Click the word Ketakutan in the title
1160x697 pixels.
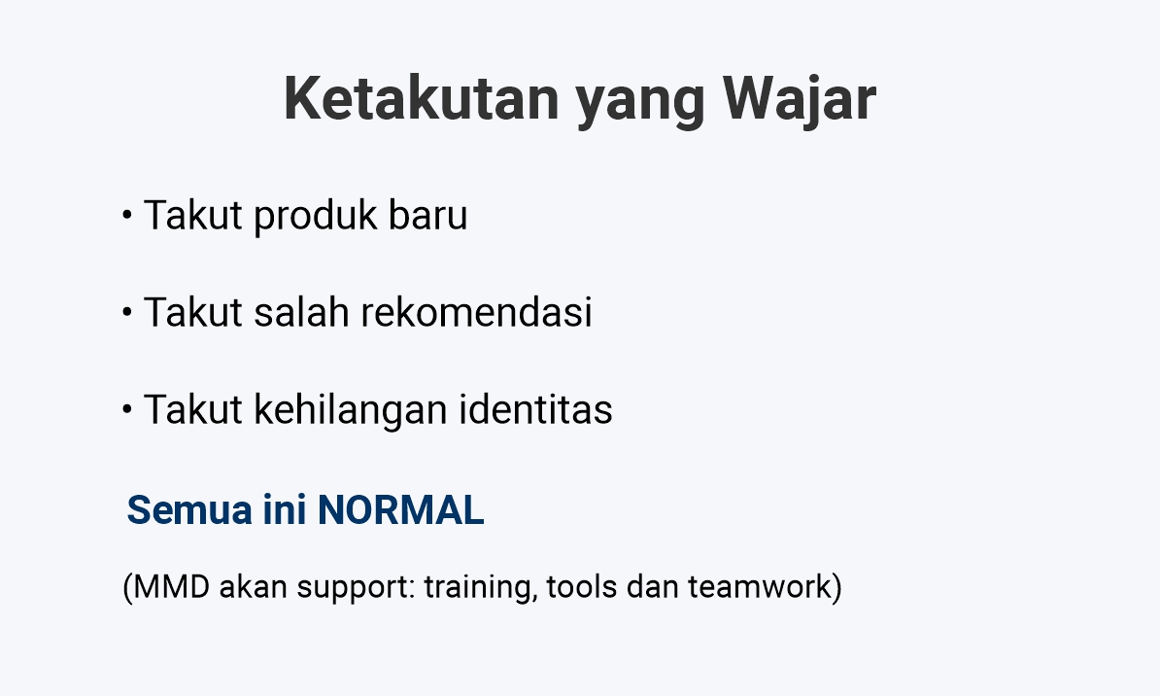[422, 98]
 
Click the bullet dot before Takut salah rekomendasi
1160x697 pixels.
[126, 312]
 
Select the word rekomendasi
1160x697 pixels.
[476, 312]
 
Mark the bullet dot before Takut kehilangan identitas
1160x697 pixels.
[126, 409]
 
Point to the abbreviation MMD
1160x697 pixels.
[170, 587]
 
